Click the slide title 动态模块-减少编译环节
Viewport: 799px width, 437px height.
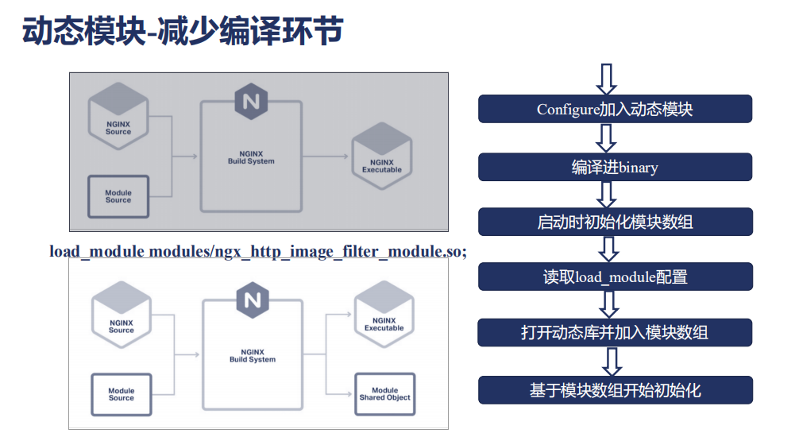click(x=182, y=32)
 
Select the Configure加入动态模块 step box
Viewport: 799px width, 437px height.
click(x=615, y=109)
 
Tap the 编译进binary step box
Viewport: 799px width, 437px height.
click(x=615, y=167)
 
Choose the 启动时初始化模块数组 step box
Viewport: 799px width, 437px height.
click(x=615, y=222)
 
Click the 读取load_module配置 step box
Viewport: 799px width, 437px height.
click(x=615, y=277)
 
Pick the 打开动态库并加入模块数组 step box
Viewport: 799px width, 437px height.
click(x=615, y=332)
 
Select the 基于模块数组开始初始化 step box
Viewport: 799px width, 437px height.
click(x=615, y=390)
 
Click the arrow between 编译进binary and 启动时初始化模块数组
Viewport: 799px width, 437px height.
click(x=607, y=194)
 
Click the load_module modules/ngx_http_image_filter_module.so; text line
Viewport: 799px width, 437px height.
click(x=258, y=251)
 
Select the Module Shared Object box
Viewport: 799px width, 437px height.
click(x=384, y=393)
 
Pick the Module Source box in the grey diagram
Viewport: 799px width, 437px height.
click(x=118, y=196)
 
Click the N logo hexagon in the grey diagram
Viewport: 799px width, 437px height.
click(x=252, y=102)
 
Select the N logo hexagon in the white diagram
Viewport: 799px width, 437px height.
click(x=252, y=300)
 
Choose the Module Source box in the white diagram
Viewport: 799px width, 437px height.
click(x=122, y=394)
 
